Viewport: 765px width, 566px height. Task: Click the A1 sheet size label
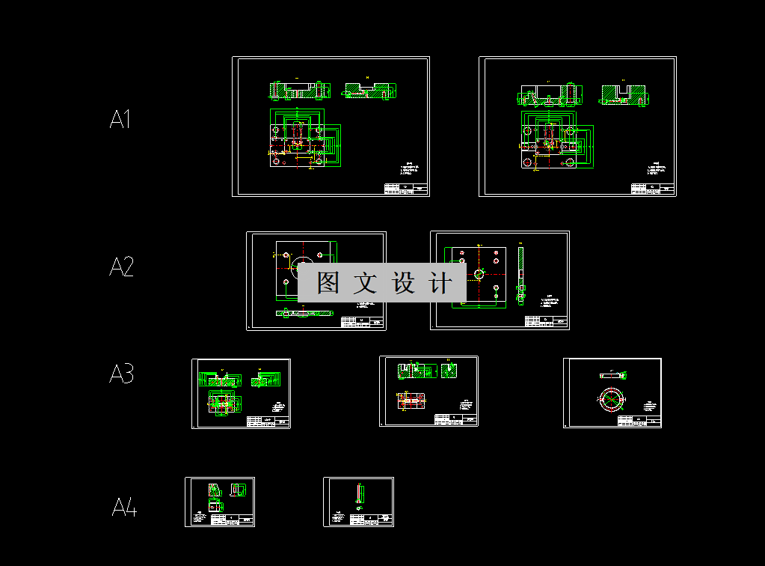click(120, 119)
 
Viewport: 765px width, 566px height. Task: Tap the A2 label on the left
click(122, 267)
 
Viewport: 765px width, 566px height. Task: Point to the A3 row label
click(122, 373)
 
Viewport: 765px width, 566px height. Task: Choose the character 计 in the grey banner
click(440, 283)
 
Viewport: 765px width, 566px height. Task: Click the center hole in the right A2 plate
click(479, 274)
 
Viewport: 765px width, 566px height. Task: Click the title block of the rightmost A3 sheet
click(639, 422)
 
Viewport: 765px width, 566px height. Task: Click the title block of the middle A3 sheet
click(455, 420)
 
